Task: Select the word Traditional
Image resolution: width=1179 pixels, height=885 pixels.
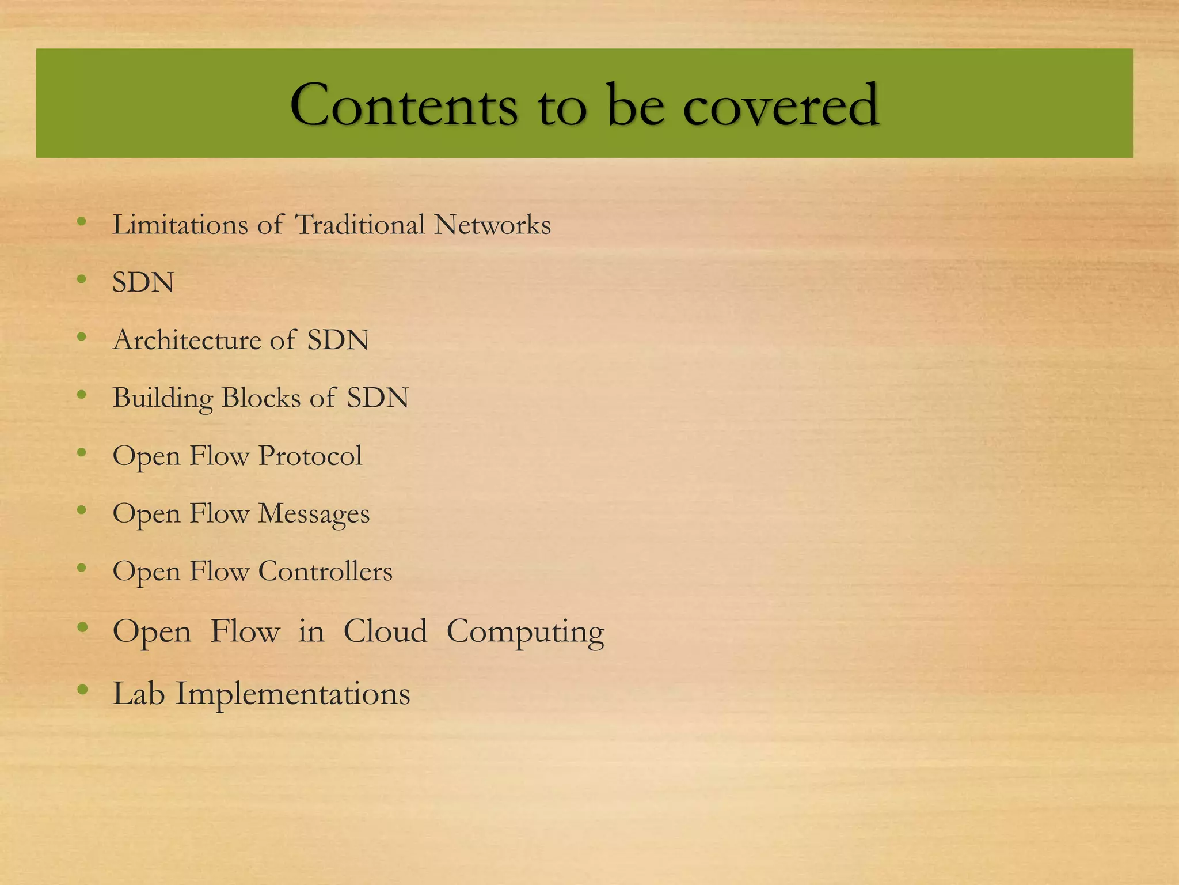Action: pos(360,225)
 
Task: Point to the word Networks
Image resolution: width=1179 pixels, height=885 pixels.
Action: pos(492,225)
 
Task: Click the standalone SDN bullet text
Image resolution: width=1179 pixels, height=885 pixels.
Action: pos(143,283)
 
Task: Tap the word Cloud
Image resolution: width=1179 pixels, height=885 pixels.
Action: pos(385,631)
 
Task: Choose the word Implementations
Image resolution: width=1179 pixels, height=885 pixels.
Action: pos(292,694)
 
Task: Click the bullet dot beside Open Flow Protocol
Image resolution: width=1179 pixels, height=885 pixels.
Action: pos(82,452)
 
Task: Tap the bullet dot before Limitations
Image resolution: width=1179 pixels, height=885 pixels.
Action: pos(82,221)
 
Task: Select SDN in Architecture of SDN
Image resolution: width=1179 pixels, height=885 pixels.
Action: pos(337,340)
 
